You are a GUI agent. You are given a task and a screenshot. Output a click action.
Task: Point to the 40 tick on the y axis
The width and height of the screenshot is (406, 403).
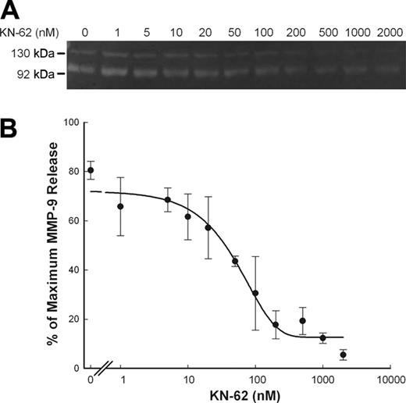(76, 270)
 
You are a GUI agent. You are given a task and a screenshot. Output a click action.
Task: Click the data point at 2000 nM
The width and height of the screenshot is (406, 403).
(343, 355)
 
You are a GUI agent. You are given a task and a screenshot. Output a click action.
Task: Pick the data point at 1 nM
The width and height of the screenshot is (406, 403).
(120, 206)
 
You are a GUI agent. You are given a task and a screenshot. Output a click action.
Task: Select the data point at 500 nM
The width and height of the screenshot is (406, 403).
(302, 320)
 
